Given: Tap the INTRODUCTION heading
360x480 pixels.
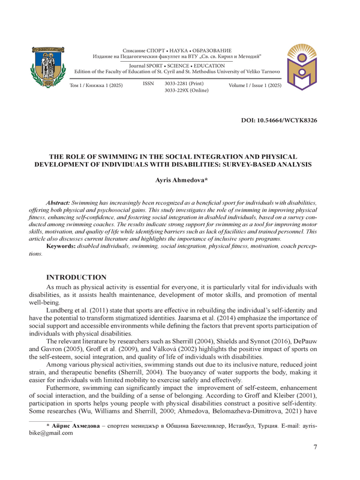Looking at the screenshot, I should coord(77,278).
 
